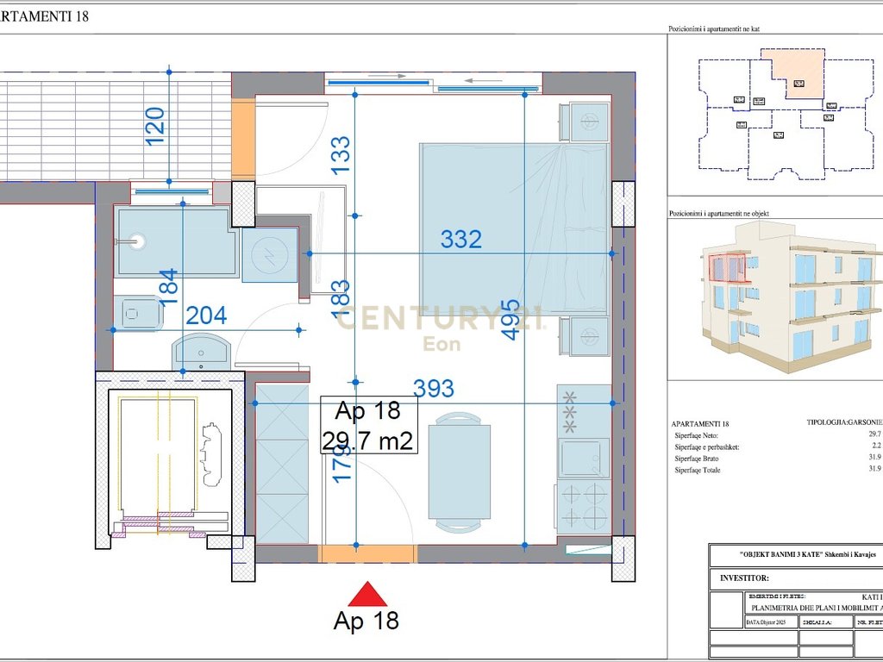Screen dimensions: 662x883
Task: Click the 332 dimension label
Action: [x=460, y=239]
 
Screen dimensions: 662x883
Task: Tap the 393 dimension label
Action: [x=433, y=389]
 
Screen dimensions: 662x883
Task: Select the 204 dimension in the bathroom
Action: [x=206, y=315]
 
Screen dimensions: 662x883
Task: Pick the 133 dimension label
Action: [x=341, y=156]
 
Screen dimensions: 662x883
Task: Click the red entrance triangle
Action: [x=367, y=594]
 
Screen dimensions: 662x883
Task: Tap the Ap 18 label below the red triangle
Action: [x=366, y=620]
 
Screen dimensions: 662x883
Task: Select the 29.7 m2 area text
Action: [x=368, y=441]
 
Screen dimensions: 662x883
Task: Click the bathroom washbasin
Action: [x=201, y=352]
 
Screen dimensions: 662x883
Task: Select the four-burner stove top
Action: [x=582, y=505]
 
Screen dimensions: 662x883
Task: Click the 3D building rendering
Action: [x=789, y=297]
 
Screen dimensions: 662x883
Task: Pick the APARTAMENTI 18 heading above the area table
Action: [x=700, y=424]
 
